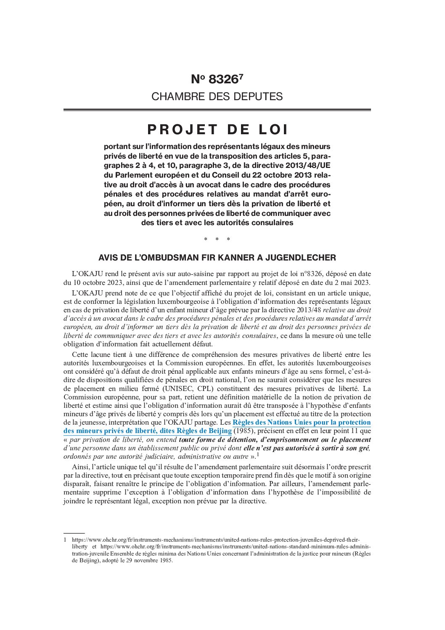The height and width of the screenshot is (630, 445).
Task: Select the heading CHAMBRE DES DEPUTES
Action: coord(217,96)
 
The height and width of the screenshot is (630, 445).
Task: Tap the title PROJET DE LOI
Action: coord(217,130)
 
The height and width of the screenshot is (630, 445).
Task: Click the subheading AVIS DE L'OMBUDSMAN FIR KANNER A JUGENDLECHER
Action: coord(217,258)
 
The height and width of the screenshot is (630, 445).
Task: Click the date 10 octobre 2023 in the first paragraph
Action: coord(97,282)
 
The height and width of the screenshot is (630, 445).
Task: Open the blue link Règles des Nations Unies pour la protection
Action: coord(301,423)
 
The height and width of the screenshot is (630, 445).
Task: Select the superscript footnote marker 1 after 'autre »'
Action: coord(258,455)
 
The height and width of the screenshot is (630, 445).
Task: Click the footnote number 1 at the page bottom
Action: coord(65,540)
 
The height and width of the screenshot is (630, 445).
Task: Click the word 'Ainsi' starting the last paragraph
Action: coord(80,467)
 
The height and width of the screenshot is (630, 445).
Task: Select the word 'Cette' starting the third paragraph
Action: coord(80,354)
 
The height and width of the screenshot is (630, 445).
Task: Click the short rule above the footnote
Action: coord(74,533)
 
